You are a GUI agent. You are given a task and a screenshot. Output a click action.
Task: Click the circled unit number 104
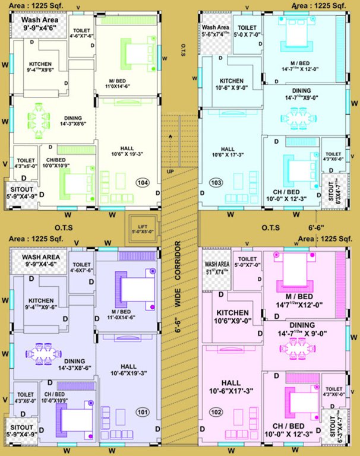coord(143,183)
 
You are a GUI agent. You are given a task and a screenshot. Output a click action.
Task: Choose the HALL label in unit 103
coord(227,149)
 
